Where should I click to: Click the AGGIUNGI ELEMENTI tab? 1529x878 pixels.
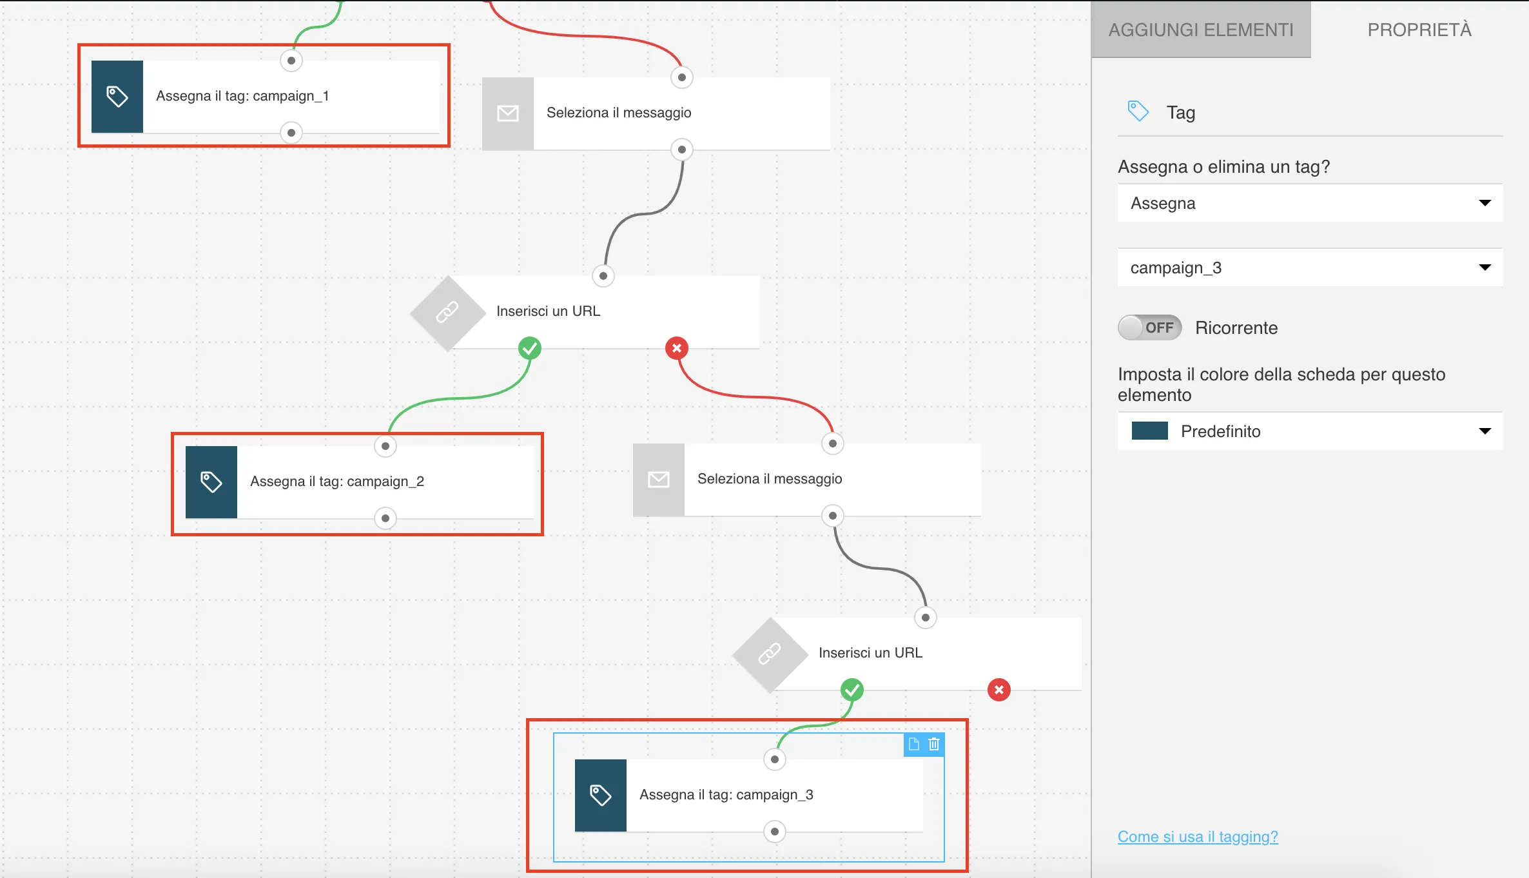pos(1201,30)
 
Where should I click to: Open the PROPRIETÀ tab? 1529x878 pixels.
pos(1419,30)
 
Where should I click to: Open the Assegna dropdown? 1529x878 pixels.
pos(1310,203)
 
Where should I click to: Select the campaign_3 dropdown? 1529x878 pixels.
pos(1310,268)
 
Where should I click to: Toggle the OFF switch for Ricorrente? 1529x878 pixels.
pos(1150,327)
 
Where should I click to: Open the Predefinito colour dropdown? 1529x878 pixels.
pos(1310,431)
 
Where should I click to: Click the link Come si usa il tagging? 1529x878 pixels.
pos(1198,837)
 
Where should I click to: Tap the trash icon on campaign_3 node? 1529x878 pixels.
pos(934,745)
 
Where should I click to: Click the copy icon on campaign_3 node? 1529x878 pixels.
pos(914,745)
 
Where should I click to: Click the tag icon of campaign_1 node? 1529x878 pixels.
pos(117,97)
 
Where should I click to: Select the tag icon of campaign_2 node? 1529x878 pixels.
pos(211,482)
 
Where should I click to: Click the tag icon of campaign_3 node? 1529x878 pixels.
pos(601,795)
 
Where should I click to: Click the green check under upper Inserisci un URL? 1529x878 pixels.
pos(530,348)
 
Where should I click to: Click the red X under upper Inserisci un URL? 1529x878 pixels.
pos(677,348)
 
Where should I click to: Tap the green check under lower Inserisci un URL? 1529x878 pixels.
pos(852,690)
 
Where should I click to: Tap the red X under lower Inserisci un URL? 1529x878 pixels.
pos(999,690)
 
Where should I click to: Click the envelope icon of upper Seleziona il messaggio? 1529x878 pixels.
pos(508,113)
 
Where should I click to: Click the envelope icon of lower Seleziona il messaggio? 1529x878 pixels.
pos(659,480)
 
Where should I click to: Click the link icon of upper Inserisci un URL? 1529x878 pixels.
pos(447,313)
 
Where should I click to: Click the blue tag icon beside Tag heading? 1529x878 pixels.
pos(1138,111)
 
